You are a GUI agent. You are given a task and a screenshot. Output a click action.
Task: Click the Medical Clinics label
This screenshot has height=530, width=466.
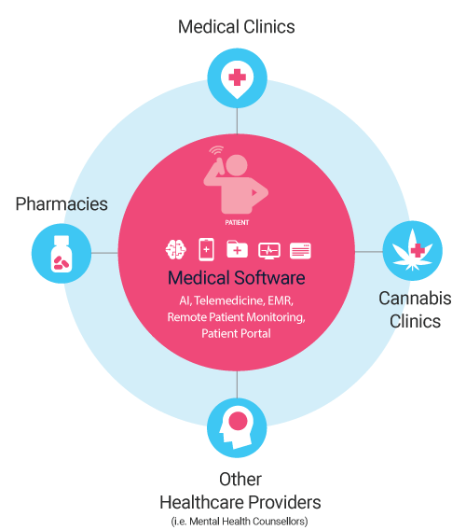[237, 27]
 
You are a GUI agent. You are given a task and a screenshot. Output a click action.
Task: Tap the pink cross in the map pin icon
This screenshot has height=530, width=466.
[237, 77]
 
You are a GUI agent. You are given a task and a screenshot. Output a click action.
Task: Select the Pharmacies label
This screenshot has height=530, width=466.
[62, 203]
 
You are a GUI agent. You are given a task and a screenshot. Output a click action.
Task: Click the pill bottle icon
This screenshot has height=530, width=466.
[62, 254]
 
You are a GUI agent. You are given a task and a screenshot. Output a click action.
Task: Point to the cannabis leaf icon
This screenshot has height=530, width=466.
[412, 250]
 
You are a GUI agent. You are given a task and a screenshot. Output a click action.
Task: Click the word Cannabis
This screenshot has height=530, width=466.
[415, 299]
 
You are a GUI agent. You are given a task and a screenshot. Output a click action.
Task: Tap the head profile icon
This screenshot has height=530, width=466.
[237, 428]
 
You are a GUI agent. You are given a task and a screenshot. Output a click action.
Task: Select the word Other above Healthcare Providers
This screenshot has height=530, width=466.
[240, 479]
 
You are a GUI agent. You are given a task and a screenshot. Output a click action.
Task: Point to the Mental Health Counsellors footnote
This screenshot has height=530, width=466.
[240, 522]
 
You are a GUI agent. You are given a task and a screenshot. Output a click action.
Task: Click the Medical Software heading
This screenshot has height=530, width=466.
[237, 278]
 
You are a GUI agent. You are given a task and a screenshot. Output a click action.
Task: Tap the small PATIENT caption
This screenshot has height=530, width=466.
[237, 222]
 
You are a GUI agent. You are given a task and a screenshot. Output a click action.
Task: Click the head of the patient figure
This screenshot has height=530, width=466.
[237, 165]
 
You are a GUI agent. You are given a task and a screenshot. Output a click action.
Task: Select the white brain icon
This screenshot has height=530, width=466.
[175, 250]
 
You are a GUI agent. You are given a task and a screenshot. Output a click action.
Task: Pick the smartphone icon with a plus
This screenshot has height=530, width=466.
[206, 250]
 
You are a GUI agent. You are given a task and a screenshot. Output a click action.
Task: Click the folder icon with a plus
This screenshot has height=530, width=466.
[237, 249]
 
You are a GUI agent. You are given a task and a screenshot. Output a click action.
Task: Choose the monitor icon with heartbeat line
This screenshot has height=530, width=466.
[269, 251]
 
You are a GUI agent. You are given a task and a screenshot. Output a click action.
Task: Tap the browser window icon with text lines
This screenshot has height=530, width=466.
[300, 251]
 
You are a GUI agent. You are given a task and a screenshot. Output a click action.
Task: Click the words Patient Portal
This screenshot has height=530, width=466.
[236, 334]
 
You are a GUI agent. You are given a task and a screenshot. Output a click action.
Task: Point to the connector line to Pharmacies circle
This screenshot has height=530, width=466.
[104, 253]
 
